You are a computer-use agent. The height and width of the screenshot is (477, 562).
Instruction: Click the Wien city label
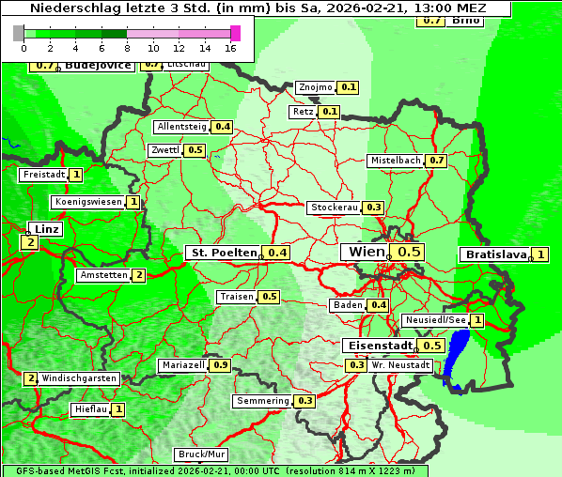click(367, 252)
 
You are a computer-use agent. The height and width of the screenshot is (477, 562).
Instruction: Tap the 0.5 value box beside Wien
click(409, 252)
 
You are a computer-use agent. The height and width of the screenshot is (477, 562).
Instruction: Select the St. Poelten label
click(223, 253)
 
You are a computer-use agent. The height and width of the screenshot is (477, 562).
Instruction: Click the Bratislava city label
click(494, 254)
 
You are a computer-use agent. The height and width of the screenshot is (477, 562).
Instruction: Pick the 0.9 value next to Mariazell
click(221, 364)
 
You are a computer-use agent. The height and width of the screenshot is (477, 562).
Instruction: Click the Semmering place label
click(263, 401)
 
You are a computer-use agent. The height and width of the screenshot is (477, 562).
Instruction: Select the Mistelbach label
click(396, 161)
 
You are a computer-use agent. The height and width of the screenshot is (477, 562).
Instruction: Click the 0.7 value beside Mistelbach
click(436, 161)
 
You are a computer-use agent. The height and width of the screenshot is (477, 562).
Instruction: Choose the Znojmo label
click(315, 87)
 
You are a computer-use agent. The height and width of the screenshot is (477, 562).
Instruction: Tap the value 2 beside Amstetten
click(139, 275)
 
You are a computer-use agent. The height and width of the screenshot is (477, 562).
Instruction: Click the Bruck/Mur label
click(202, 454)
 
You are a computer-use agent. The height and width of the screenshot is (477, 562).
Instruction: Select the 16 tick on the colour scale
click(230, 47)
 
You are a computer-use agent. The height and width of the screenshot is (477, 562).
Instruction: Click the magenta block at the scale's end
click(235, 33)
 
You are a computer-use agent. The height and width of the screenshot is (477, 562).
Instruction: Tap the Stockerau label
click(334, 208)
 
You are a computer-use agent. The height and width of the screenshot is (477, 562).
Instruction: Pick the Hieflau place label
click(90, 409)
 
